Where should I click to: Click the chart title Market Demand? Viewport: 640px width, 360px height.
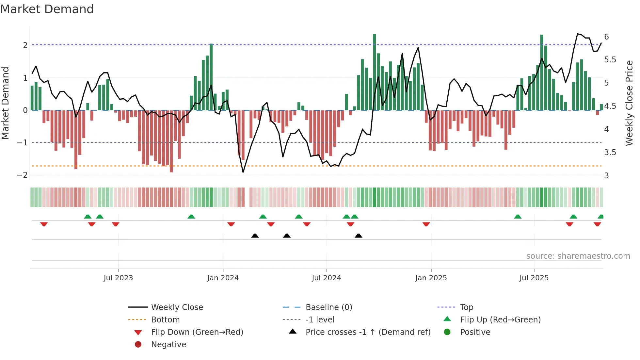pos(47,9)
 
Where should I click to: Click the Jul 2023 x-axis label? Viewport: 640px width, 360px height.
pos(118,278)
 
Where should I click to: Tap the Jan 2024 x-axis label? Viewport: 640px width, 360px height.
pos(223,278)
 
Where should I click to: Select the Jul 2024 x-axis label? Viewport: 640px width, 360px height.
pos(326,278)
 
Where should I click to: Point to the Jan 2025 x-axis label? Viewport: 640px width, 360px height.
pos(431,278)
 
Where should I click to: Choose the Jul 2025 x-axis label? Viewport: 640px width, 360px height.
pos(534,278)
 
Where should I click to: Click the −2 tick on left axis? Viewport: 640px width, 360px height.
pos(22,175)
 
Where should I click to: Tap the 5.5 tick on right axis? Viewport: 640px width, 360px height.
pos(610,60)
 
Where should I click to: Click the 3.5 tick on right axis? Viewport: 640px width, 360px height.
pos(610,153)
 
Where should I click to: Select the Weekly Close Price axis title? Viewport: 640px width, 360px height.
pos(629,103)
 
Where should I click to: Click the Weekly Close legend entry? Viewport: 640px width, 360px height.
pos(177,307)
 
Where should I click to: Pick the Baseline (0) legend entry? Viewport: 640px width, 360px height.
pos(328,307)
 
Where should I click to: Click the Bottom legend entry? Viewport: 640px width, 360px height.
pos(165,320)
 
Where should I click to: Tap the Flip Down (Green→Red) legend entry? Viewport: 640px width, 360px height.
pos(197,332)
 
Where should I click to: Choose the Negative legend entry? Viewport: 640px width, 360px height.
pos(168,345)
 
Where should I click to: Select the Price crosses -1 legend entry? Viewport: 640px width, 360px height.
pos(368,332)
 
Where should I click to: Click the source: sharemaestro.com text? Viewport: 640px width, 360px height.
pos(578,256)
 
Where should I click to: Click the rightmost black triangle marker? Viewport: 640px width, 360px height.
pos(358,236)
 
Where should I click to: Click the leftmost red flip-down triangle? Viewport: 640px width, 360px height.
pos(44,224)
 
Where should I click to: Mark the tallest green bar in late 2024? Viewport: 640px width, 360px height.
pos(374,72)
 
